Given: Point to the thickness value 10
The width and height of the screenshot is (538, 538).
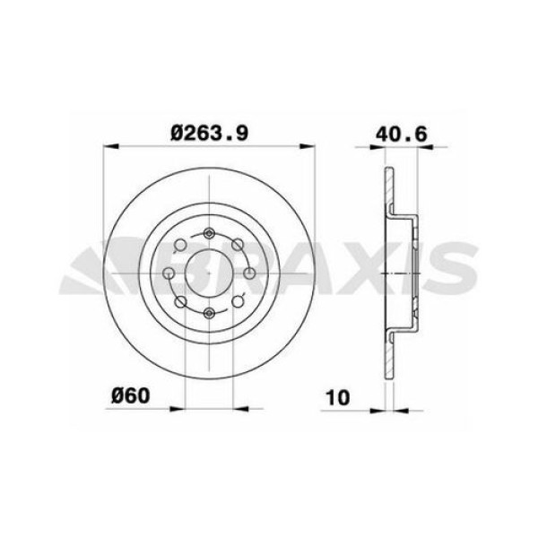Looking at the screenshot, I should click(x=337, y=395).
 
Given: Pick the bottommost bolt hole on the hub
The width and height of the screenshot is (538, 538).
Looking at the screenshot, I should click(x=209, y=312).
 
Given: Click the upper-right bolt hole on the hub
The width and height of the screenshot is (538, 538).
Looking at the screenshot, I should click(x=237, y=245).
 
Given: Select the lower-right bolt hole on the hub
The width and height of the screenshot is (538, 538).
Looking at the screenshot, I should click(x=237, y=300).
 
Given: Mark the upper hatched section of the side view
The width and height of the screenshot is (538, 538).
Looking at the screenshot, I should click(x=389, y=193).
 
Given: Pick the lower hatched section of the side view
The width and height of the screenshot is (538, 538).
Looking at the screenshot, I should click(x=389, y=354).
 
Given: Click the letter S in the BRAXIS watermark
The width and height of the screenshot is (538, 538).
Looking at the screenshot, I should click(x=453, y=271).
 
